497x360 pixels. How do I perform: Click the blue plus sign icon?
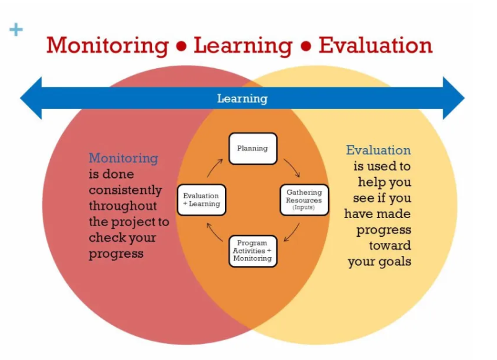[x=16, y=30]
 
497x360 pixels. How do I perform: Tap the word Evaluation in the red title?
[x=376, y=45]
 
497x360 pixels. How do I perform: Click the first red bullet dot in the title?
[x=182, y=46]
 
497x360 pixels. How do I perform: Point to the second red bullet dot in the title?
[x=306, y=46]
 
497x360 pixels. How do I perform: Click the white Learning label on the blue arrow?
[x=242, y=99]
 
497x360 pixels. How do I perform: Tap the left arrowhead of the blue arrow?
[x=31, y=98]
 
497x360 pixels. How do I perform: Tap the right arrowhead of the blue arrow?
[x=454, y=98]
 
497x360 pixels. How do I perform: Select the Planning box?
[x=253, y=149]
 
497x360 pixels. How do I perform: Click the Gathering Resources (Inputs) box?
[x=304, y=200]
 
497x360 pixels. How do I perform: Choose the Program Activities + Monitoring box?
[x=253, y=251]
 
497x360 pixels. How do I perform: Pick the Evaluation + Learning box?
[x=201, y=200]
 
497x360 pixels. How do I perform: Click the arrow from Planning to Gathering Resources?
[x=293, y=167]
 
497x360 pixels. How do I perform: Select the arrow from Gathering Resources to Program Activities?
[x=293, y=233]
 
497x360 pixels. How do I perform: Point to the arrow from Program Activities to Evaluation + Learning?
[x=213, y=233]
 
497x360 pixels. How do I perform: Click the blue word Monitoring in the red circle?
[x=123, y=159]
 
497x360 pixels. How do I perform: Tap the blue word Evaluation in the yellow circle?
[x=379, y=150]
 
